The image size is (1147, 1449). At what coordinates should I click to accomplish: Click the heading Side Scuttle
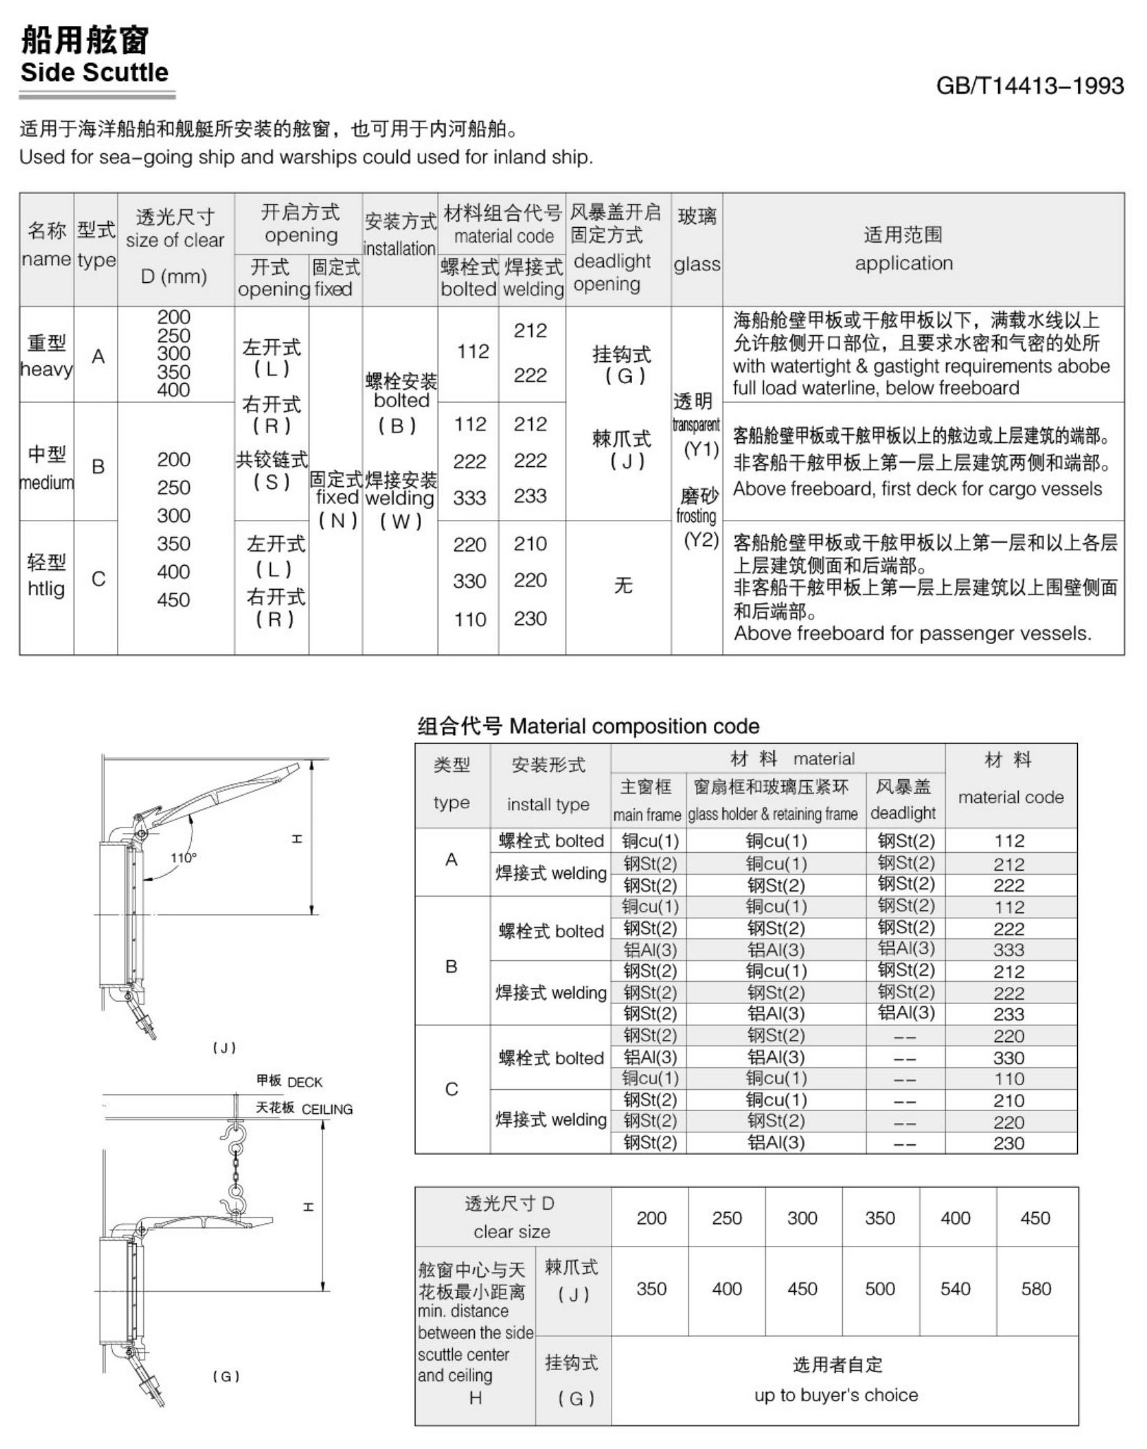[x=95, y=73]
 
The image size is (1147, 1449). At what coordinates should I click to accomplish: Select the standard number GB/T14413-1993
[x=1029, y=86]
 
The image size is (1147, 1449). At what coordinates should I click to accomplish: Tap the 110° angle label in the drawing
[x=183, y=858]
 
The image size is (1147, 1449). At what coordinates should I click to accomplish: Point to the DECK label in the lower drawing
[x=305, y=1082]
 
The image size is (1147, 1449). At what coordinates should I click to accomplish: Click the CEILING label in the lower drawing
[x=327, y=1109]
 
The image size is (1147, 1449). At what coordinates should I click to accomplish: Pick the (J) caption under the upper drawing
[x=224, y=1048]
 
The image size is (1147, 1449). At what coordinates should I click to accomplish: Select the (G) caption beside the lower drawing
[x=226, y=1376]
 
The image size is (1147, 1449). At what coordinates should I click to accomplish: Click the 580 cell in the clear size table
[x=1036, y=1289]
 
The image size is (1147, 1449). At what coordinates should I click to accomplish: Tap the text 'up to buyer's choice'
[x=836, y=1395]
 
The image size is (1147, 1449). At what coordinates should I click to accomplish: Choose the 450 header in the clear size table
[x=1035, y=1218]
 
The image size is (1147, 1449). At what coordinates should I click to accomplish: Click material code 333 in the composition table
[x=1009, y=950]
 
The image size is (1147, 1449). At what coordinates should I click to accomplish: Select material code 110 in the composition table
[x=1009, y=1079]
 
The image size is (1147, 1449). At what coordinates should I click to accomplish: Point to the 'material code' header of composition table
[x=1010, y=797]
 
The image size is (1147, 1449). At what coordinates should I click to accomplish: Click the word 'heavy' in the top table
[x=47, y=369]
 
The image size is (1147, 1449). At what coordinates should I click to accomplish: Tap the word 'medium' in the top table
[x=47, y=483]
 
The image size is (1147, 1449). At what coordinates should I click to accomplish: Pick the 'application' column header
[x=904, y=263]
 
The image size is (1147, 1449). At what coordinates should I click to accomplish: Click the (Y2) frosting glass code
[x=700, y=540]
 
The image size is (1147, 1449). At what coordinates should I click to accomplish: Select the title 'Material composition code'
[x=633, y=726]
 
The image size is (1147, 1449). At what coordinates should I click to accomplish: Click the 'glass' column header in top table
[x=696, y=265]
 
